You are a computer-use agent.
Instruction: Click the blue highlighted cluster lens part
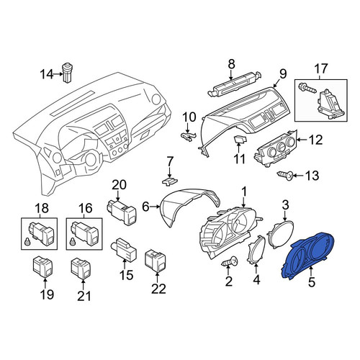pyautogui.click(x=308, y=256)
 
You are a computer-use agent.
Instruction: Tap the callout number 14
pyautogui.click(x=47, y=74)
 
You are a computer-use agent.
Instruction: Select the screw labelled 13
pyautogui.click(x=285, y=175)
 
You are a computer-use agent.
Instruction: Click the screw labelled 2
pyautogui.click(x=230, y=261)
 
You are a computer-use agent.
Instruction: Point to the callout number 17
pyautogui.click(x=321, y=68)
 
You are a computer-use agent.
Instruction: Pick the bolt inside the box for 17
pyautogui.click(x=307, y=89)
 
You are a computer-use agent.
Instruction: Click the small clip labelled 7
pyautogui.click(x=170, y=181)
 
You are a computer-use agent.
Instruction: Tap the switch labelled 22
pyautogui.click(x=156, y=261)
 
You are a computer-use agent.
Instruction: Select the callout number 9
pyautogui.click(x=283, y=74)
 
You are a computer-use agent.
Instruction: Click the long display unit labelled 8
pyautogui.click(x=234, y=84)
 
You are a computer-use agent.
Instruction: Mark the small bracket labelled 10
pyautogui.click(x=188, y=136)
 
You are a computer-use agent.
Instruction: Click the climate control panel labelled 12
pyautogui.click(x=276, y=149)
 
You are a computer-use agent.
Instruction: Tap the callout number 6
pyautogui.click(x=145, y=207)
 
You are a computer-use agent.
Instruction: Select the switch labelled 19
pyautogui.click(x=42, y=267)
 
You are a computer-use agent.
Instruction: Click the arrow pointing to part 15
pyautogui.click(x=125, y=264)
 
